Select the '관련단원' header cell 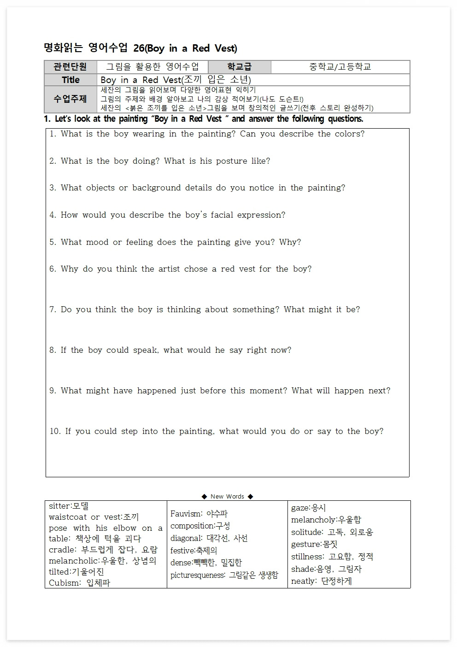click(x=70, y=67)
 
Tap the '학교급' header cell click(x=239, y=67)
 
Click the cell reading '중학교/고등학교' click(x=340, y=67)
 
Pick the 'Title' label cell click(x=70, y=80)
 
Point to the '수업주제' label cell click(x=70, y=99)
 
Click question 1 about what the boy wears click(x=207, y=134)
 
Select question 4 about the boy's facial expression click(x=167, y=215)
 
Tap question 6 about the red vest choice click(x=180, y=269)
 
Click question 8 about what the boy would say click(x=170, y=350)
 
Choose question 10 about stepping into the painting click(x=217, y=431)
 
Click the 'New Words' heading click(x=227, y=496)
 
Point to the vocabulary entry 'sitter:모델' click(x=69, y=506)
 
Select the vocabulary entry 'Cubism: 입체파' click(x=79, y=582)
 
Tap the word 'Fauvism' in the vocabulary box click(x=186, y=514)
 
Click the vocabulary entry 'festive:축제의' click(x=193, y=551)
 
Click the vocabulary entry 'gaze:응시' click(x=308, y=508)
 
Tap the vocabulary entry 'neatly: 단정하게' click(x=321, y=581)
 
